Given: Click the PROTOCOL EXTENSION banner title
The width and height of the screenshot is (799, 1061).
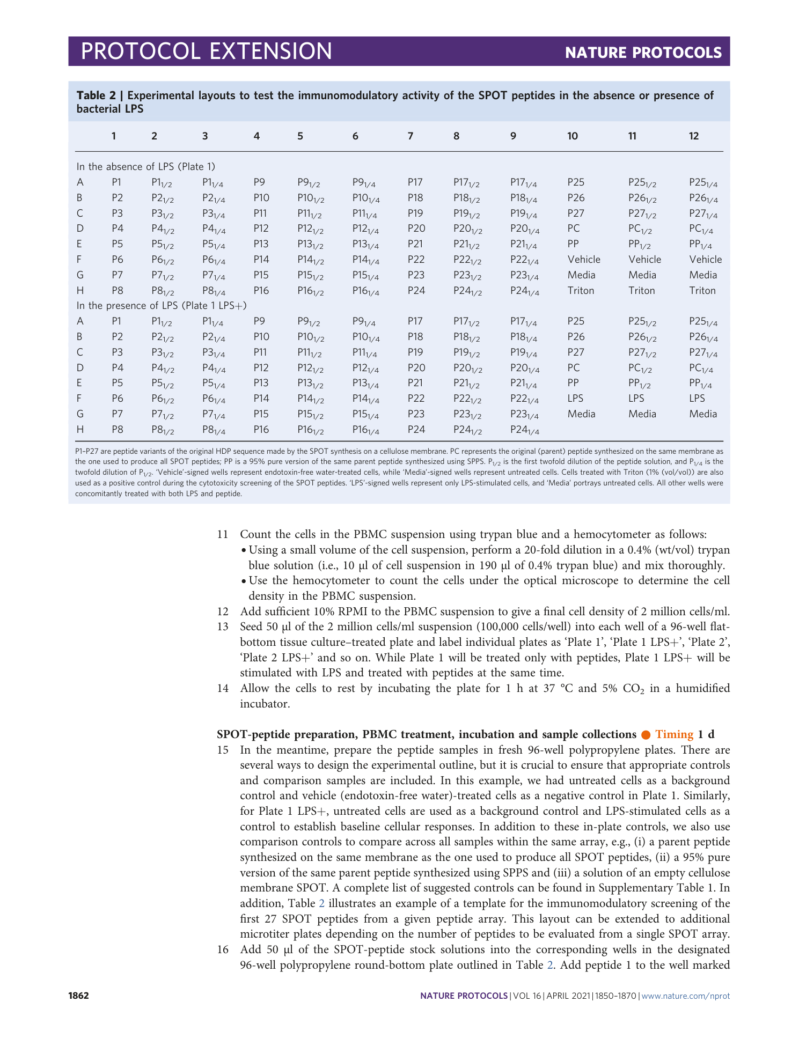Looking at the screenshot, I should [206, 51].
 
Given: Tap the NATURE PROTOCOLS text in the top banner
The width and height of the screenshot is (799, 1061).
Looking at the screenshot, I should [643, 53].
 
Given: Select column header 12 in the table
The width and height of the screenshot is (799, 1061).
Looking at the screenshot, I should [693, 136].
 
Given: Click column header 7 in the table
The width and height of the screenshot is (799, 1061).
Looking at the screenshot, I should [410, 136].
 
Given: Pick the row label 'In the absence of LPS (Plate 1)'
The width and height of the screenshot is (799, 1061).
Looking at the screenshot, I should [145, 166].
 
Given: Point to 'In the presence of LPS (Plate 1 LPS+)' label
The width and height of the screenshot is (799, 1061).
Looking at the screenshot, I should [162, 305].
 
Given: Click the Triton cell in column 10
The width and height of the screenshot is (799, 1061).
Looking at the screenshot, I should [581, 290].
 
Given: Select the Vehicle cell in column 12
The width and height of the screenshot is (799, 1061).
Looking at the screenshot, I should [705, 259].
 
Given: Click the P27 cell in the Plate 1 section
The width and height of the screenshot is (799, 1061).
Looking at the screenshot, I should [576, 213].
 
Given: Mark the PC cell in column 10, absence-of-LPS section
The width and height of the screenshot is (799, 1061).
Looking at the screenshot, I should [573, 229].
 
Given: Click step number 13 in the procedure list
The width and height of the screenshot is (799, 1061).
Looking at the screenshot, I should [223, 627].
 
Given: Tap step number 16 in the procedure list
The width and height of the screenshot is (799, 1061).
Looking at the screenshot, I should [223, 949].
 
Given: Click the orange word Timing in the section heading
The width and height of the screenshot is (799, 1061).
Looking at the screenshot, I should [674, 734].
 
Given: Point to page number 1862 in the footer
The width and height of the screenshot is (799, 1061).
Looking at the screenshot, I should [78, 996].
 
